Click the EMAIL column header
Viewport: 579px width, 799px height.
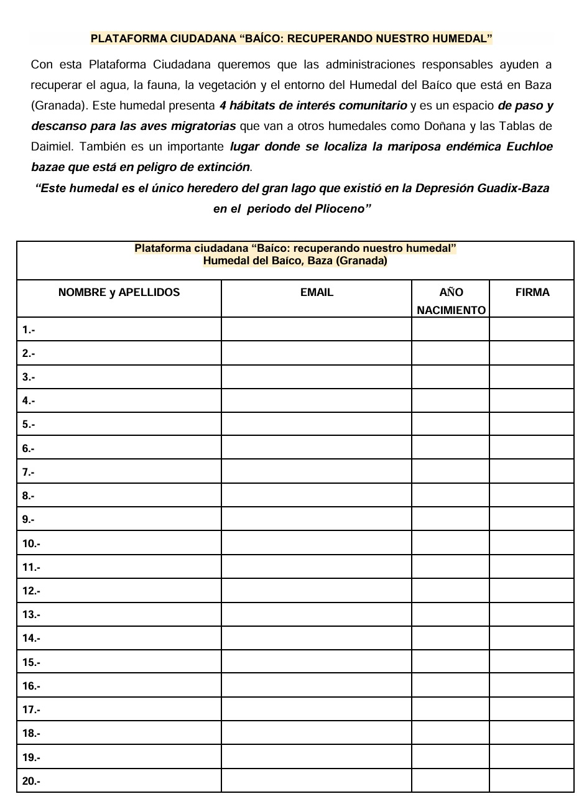317,292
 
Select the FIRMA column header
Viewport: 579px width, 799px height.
532,292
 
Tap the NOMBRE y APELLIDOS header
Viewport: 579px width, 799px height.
119,292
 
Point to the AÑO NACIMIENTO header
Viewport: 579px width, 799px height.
451,301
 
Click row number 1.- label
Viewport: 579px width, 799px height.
29,330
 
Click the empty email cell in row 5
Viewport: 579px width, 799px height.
316,425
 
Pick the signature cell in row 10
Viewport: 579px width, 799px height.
531,543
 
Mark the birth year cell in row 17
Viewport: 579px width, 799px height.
450,709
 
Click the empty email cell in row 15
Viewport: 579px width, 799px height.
316,662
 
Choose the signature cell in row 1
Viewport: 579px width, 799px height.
531,330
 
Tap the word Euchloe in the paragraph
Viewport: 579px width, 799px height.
530,147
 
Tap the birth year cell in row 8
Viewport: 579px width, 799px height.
450,496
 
